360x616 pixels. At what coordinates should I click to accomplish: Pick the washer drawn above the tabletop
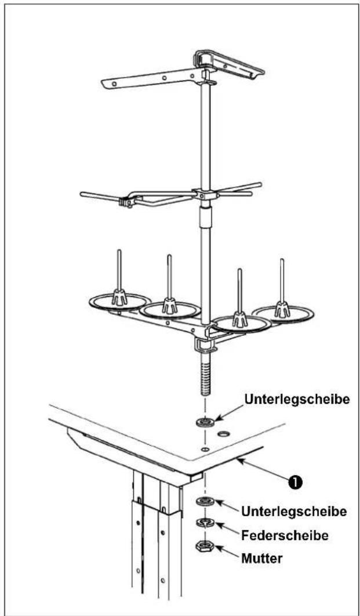[205, 423]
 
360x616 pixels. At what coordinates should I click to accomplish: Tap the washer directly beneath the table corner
[206, 502]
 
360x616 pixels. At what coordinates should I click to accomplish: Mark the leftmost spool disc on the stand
[120, 302]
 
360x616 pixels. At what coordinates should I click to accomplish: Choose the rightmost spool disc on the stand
[283, 313]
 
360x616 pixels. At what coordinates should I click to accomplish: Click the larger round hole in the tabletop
[224, 434]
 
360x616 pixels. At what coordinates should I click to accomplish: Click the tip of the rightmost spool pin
[282, 260]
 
